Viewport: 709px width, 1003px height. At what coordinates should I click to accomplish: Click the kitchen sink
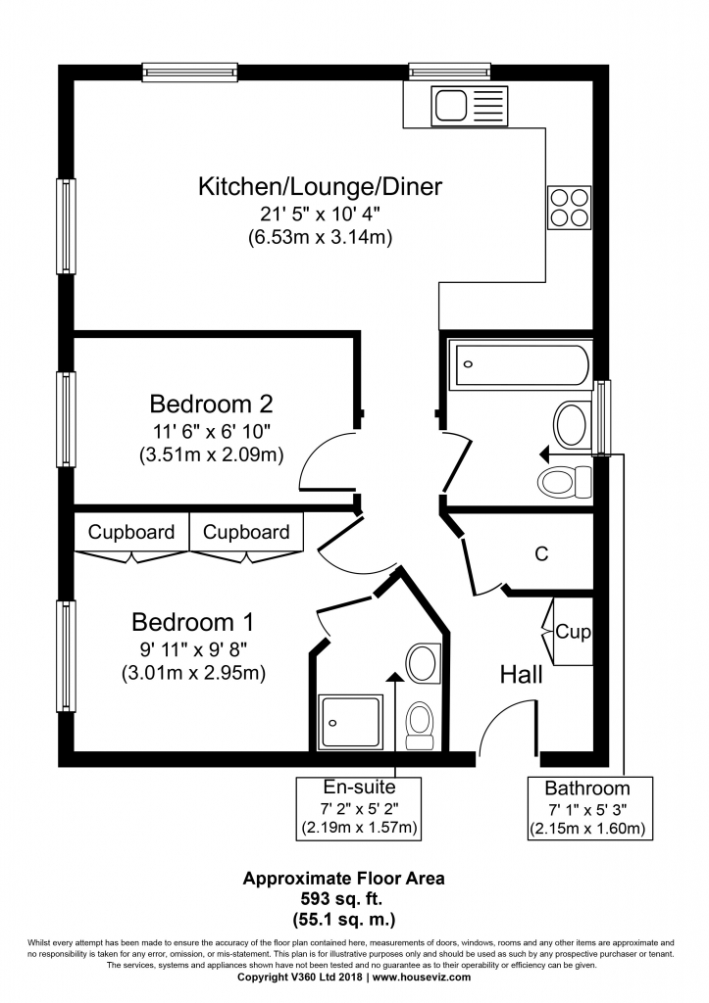point(471,106)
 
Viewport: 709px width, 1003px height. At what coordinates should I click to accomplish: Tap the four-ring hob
point(569,208)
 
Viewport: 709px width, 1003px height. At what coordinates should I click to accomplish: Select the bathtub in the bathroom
point(520,365)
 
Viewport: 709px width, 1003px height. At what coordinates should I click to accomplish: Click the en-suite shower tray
point(352,722)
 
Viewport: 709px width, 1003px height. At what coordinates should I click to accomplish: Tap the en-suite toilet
point(420,726)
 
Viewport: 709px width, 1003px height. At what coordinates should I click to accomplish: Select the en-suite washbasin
point(422,663)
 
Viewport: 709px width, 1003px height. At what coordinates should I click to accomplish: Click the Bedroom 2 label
point(212,405)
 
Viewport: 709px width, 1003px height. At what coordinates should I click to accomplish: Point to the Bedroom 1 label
point(193,622)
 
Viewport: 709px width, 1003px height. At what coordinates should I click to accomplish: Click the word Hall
point(522,674)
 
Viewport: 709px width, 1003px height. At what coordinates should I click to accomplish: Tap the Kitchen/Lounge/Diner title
point(321,187)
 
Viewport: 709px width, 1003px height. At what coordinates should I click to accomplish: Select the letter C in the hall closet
point(542,553)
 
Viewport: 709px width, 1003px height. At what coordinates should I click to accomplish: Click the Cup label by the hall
point(573,632)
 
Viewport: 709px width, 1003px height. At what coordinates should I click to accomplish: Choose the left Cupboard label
point(131,532)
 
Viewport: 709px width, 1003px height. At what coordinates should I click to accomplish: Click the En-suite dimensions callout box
point(359,808)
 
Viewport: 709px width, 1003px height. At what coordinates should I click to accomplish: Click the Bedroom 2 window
point(66,419)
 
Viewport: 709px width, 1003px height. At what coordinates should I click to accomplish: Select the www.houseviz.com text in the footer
point(422,978)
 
